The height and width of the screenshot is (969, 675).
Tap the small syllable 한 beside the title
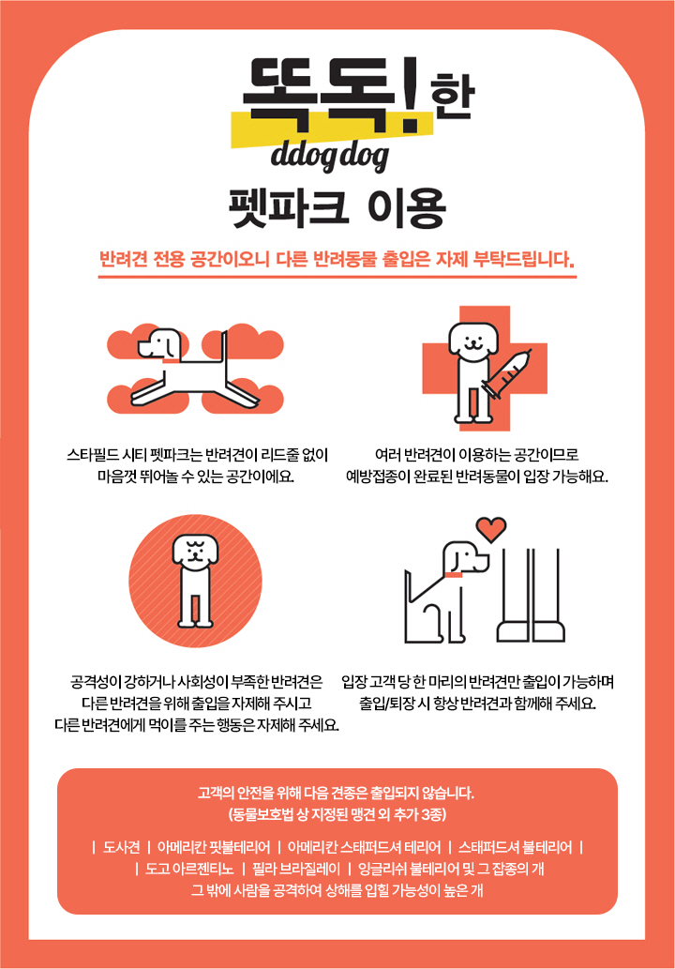pos(452,97)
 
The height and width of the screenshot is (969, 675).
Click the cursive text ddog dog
pos(330,157)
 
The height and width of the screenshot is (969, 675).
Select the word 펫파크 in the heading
pos(289,209)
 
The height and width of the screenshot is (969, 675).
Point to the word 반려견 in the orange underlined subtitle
pos(123,258)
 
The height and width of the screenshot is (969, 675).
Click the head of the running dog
pos(160,343)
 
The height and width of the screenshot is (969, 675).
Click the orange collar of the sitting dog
pos(454,575)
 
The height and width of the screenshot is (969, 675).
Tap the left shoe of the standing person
pos(513,631)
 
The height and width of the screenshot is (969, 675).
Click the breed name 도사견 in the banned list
pos(121,847)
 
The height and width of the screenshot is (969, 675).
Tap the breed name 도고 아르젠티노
pos(189,869)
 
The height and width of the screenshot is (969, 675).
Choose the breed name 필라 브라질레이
pos(296,869)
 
